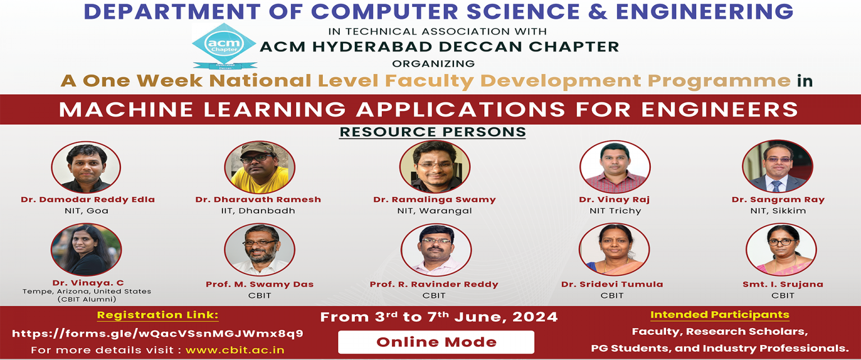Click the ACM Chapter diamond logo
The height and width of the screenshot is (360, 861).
[224, 46]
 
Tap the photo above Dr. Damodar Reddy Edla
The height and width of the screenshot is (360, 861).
[86, 167]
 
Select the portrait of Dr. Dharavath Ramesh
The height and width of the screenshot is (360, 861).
[260, 167]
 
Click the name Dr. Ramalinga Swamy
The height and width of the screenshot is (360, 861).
[434, 200]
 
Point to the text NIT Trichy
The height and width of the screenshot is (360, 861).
[615, 211]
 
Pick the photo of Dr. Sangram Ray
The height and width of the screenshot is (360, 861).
[777, 166]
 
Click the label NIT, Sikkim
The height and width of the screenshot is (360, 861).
[778, 211]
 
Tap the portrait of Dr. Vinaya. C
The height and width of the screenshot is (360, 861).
[86, 250]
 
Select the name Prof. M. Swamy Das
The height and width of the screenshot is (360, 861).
[260, 284]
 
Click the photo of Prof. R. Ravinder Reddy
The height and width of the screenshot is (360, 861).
[436, 250]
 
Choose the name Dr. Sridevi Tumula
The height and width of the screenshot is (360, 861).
[612, 284]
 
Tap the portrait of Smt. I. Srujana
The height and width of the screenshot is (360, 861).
[781, 250]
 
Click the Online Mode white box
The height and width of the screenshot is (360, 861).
[436, 342]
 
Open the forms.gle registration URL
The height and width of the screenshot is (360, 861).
[158, 334]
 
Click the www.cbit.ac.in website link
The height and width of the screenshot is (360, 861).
[235, 350]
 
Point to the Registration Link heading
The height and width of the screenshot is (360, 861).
[158, 315]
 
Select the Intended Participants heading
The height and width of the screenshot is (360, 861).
[720, 315]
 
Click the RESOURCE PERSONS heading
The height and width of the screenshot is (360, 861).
[432, 132]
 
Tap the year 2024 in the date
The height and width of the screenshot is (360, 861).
[535, 317]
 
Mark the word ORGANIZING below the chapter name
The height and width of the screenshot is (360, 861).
[433, 63]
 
